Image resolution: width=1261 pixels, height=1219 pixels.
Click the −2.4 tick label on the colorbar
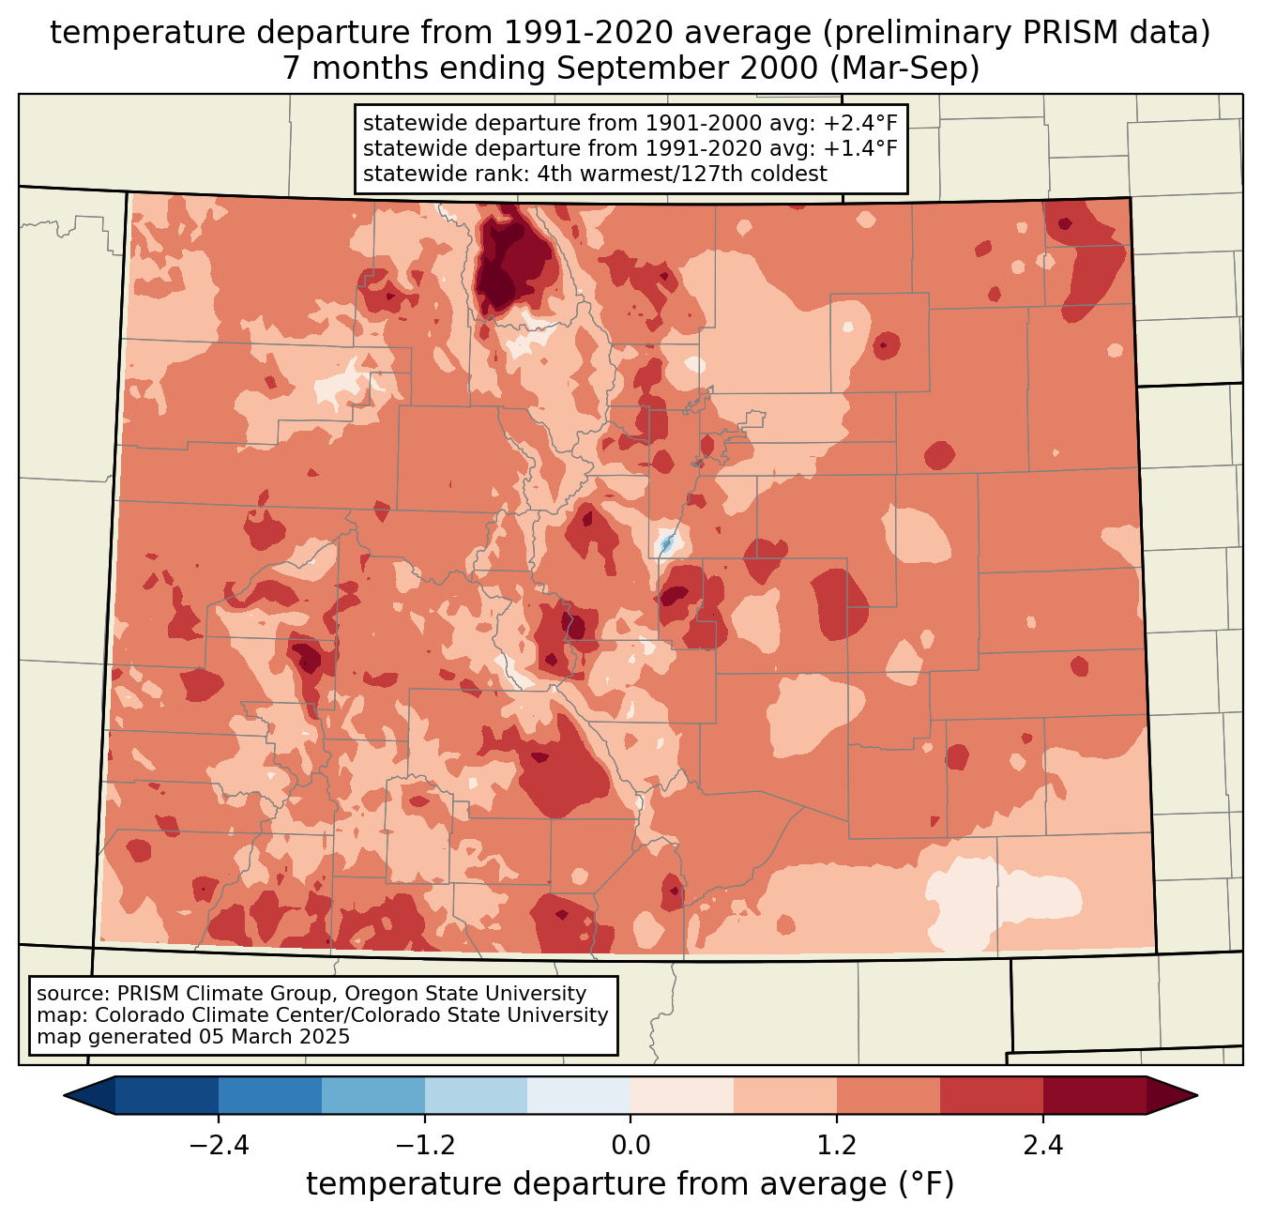click(218, 1146)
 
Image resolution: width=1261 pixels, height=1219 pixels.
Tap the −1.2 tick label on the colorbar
click(424, 1146)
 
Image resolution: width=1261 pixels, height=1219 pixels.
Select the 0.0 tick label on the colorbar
click(630, 1146)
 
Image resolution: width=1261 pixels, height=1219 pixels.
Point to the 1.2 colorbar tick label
click(837, 1146)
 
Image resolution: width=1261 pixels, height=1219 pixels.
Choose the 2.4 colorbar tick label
click(1043, 1146)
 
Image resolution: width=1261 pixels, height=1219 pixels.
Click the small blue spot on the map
click(666, 543)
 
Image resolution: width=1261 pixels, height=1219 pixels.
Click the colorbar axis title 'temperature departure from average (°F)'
click(630, 1184)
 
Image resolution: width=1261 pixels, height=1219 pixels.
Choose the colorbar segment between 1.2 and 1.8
click(889, 1095)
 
